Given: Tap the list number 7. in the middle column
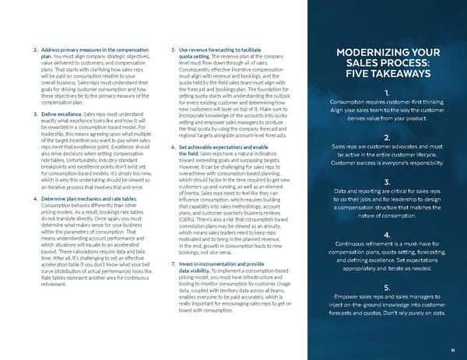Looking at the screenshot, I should [171, 244].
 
